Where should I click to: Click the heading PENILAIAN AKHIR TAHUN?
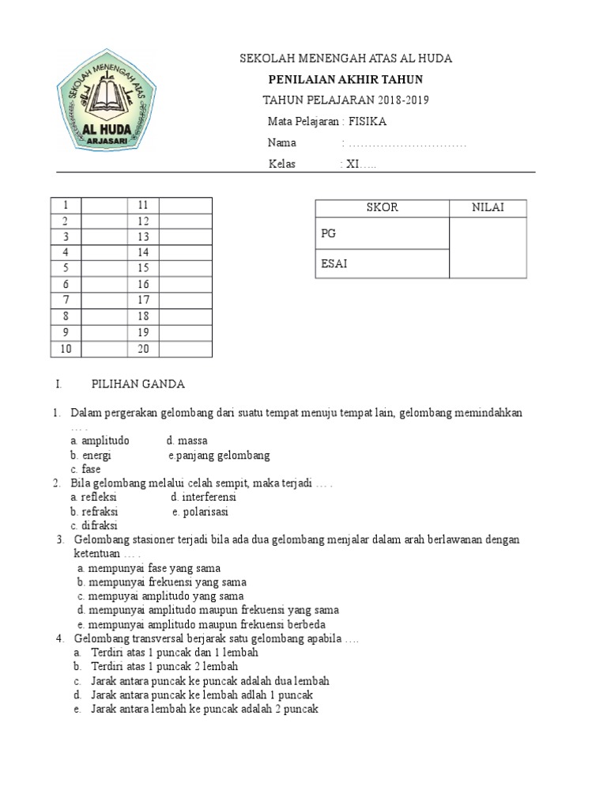click(345, 79)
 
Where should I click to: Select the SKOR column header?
click(382, 208)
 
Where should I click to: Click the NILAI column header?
click(488, 208)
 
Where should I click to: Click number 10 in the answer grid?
click(66, 349)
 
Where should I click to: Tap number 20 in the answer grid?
click(143, 349)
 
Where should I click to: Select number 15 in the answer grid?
click(143, 268)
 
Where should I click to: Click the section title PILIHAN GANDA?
click(138, 384)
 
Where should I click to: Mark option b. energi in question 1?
click(91, 456)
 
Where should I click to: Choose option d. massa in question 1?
click(187, 441)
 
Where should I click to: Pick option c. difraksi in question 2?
click(94, 525)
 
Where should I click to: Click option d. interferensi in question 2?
click(203, 498)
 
